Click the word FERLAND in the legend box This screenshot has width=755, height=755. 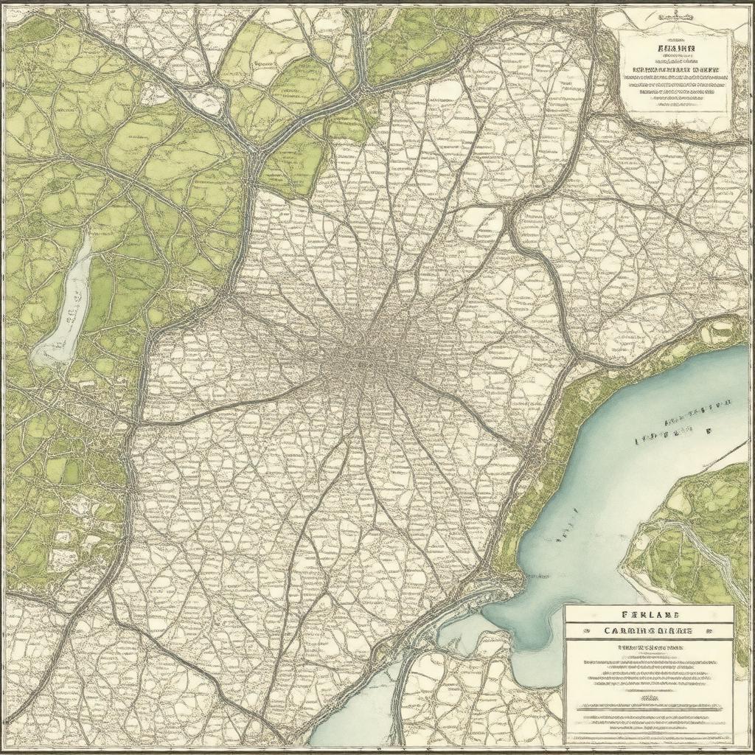(649, 614)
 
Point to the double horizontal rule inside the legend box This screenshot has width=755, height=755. (649, 707)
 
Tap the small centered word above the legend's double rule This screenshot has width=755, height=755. (649, 697)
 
